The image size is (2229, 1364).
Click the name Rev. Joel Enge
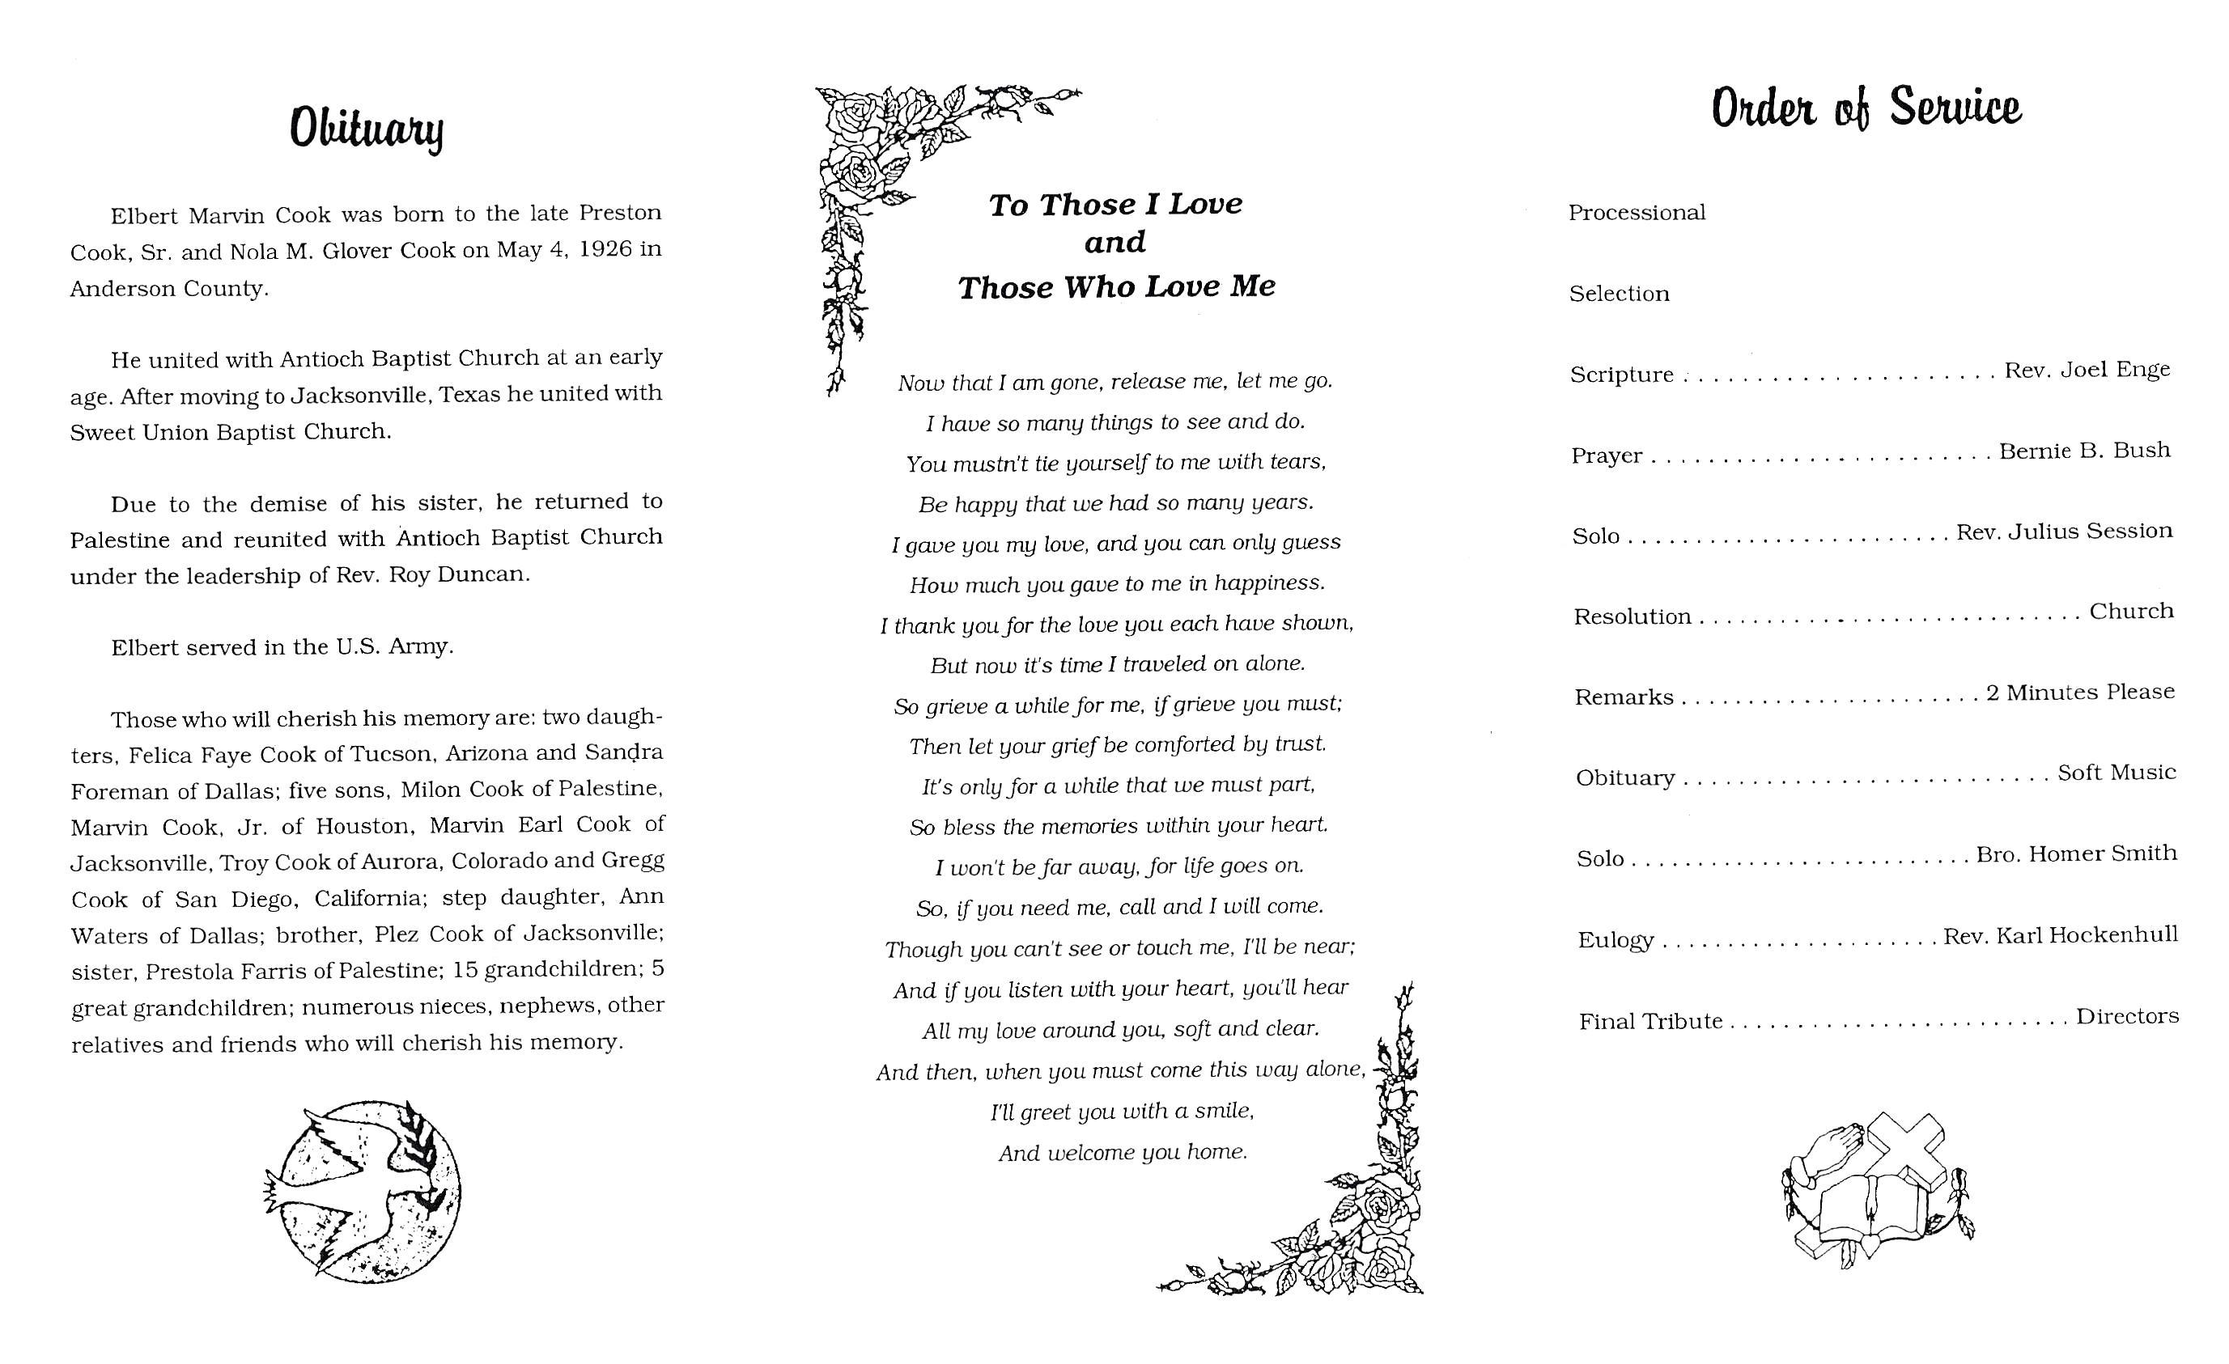tap(2087, 370)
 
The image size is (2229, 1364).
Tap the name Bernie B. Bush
tap(2084, 451)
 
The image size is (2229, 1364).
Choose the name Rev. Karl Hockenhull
tap(2060, 935)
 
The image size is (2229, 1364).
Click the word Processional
tap(1637, 214)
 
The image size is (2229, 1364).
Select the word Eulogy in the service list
tap(1615, 941)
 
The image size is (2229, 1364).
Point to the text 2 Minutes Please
tap(2080, 693)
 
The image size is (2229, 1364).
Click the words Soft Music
tap(2116, 773)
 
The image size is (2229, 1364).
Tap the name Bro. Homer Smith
tap(2076, 854)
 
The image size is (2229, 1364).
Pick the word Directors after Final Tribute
tap(2127, 1017)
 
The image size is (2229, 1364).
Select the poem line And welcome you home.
tap(1123, 1152)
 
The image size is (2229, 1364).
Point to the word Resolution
tap(1632, 617)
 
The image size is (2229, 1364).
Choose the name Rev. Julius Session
tap(2063, 532)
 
